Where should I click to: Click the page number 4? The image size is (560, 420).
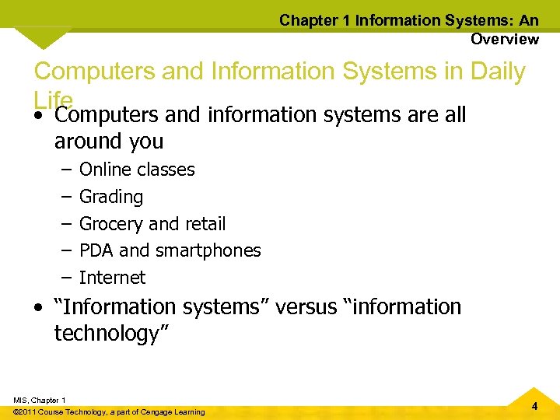pyautogui.click(x=535, y=407)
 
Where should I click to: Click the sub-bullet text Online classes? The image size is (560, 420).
pyautogui.click(x=137, y=170)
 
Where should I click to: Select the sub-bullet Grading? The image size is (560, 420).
pyautogui.click(x=111, y=197)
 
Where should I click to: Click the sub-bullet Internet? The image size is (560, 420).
pyautogui.click(x=112, y=278)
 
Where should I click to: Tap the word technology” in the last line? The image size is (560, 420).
pyautogui.click(x=112, y=334)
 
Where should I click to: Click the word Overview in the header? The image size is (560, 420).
pyautogui.click(x=504, y=39)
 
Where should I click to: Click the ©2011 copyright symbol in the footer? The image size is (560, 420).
pyautogui.click(x=17, y=411)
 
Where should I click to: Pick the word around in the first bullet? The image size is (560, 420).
pyautogui.click(x=79, y=142)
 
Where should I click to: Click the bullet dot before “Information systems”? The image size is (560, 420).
pyautogui.click(x=39, y=308)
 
